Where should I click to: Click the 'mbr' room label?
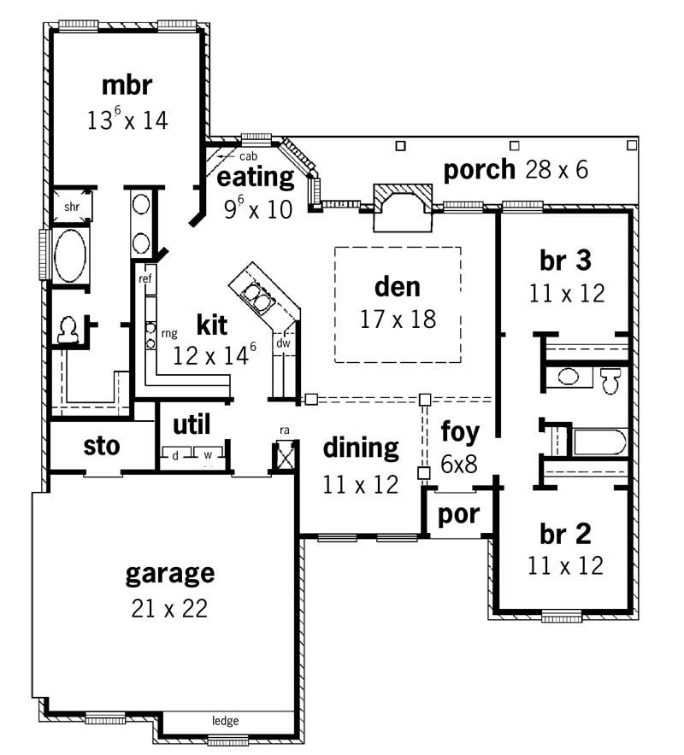pyautogui.click(x=127, y=85)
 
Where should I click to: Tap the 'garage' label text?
pyautogui.click(x=170, y=572)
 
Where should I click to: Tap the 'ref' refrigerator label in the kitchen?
pyautogui.click(x=144, y=278)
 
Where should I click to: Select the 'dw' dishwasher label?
pyautogui.click(x=282, y=342)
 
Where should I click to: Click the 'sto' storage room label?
pyautogui.click(x=102, y=446)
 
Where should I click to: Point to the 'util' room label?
pyautogui.click(x=192, y=424)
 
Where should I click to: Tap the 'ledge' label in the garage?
pyautogui.click(x=225, y=721)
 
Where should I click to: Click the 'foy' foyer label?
pyautogui.click(x=460, y=431)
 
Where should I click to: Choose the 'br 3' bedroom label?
pyautogui.click(x=566, y=260)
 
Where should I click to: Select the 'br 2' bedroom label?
pyautogui.click(x=565, y=534)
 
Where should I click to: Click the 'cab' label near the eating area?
pyautogui.click(x=249, y=156)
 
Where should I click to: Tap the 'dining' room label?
pyautogui.click(x=361, y=447)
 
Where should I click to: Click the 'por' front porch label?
pyautogui.click(x=458, y=514)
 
